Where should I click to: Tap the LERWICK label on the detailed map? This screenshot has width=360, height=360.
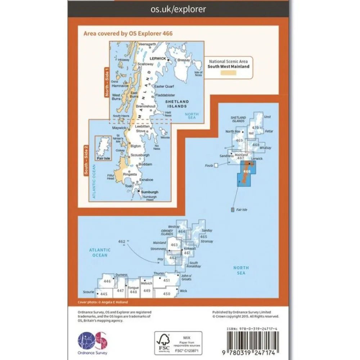pyautogui.click(x=158, y=58)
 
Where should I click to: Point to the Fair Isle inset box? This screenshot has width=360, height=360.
pyautogui.click(x=103, y=148)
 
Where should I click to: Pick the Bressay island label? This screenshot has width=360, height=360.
pyautogui.click(x=183, y=60)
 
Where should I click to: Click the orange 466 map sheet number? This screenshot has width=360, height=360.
pyautogui.click(x=247, y=171)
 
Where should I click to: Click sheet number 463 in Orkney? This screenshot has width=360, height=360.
pyautogui.click(x=175, y=245)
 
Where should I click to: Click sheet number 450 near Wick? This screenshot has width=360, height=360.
pyautogui.click(x=166, y=294)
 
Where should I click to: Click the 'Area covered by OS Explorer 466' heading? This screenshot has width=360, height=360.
pyautogui.click(x=128, y=33)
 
